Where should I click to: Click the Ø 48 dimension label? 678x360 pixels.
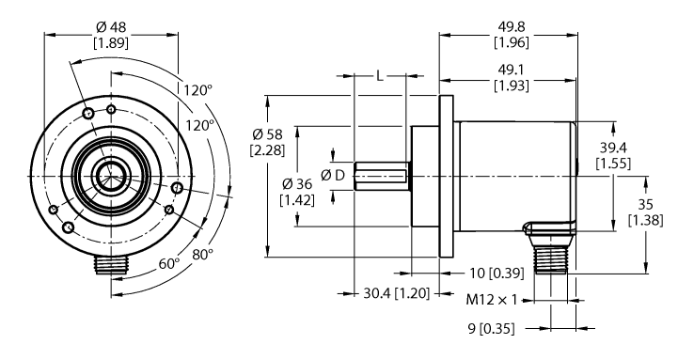tap(110, 25)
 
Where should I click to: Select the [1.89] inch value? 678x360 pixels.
tap(110, 42)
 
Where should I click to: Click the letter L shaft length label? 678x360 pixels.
tap(380, 76)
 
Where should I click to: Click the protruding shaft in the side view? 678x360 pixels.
tap(381, 175)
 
